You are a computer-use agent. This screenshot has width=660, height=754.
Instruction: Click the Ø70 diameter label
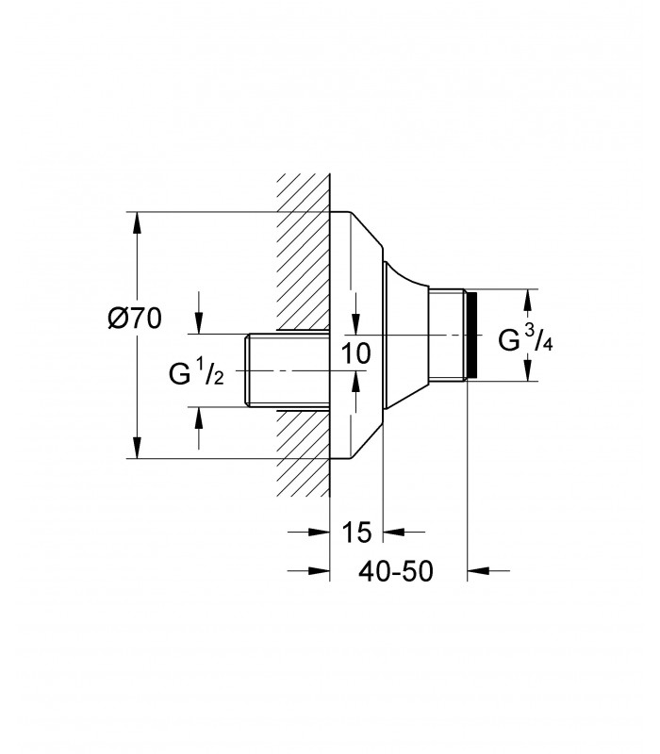[135, 319]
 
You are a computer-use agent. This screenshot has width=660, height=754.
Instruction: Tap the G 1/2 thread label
[196, 373]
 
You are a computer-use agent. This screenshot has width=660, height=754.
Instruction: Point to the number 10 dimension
[356, 353]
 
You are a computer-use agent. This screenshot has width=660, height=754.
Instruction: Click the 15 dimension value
[356, 533]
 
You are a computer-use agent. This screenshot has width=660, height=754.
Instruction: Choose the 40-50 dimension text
[395, 571]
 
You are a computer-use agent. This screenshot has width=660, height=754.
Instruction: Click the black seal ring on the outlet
[474, 336]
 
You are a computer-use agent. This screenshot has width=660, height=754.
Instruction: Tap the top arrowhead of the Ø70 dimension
[138, 222]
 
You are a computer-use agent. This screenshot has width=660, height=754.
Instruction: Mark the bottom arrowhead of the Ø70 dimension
[138, 448]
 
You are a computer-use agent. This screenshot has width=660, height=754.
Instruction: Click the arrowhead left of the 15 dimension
[319, 532]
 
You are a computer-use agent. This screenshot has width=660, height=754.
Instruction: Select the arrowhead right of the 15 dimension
[394, 532]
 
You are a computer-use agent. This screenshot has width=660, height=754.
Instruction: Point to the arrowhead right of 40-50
[478, 571]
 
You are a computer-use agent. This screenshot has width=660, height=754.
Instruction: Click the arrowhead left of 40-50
[319, 571]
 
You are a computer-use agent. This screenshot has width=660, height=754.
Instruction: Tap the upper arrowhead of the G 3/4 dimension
[528, 300]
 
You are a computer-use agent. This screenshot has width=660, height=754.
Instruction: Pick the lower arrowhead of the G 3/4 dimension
[528, 370]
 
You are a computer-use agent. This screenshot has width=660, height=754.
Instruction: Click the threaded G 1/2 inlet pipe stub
[288, 370]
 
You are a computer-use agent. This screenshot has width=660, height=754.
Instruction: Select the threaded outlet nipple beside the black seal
[447, 336]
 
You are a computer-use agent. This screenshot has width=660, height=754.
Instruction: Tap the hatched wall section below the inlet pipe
[303, 453]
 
